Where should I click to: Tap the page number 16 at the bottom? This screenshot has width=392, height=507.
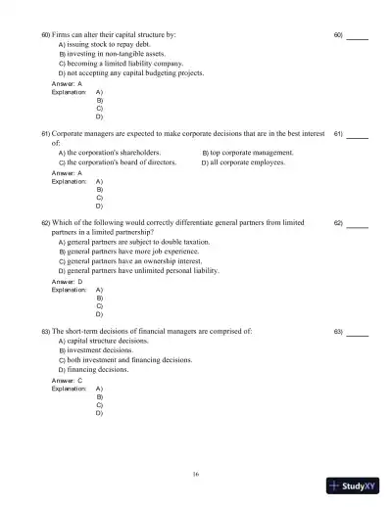point(196,474)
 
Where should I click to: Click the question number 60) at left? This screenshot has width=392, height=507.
point(46,35)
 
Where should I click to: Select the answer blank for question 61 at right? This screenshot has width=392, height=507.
point(357,133)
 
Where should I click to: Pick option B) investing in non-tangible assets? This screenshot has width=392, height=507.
point(110,54)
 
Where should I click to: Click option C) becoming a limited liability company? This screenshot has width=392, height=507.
point(120,64)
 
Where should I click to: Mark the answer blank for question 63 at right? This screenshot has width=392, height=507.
point(357,332)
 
